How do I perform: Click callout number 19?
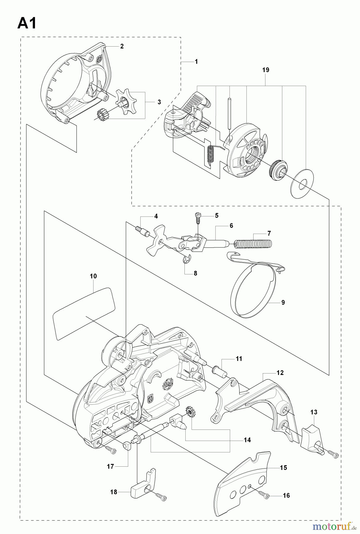265,70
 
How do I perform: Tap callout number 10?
93,276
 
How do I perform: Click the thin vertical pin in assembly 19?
230,113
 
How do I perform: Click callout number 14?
247,440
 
